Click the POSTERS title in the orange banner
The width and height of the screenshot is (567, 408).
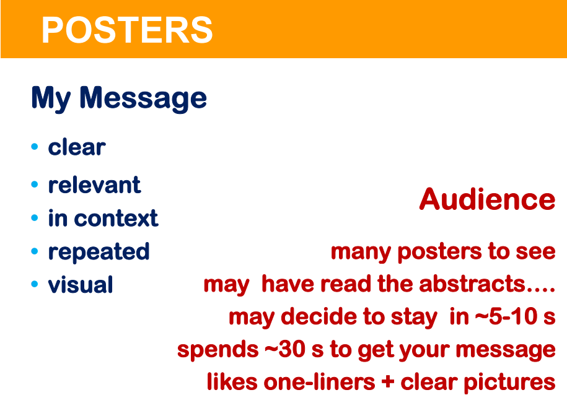click(x=127, y=30)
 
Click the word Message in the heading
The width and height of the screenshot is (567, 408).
click(x=143, y=98)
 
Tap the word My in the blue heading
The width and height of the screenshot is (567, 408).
click(x=51, y=98)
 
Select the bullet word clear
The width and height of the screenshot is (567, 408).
click(x=77, y=147)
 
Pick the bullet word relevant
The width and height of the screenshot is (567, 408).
click(x=94, y=185)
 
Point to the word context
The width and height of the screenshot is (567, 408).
click(x=116, y=219)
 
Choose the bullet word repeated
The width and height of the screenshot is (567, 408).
click(x=99, y=252)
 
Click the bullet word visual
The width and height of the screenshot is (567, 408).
click(x=81, y=284)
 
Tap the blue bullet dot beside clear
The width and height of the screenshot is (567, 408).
click(x=35, y=146)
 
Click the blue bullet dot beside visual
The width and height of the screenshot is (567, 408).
click(x=35, y=284)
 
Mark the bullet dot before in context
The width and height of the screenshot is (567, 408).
click(x=35, y=217)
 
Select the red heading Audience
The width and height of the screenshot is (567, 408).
click(x=488, y=199)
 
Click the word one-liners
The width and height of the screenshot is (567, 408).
click(x=320, y=383)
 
